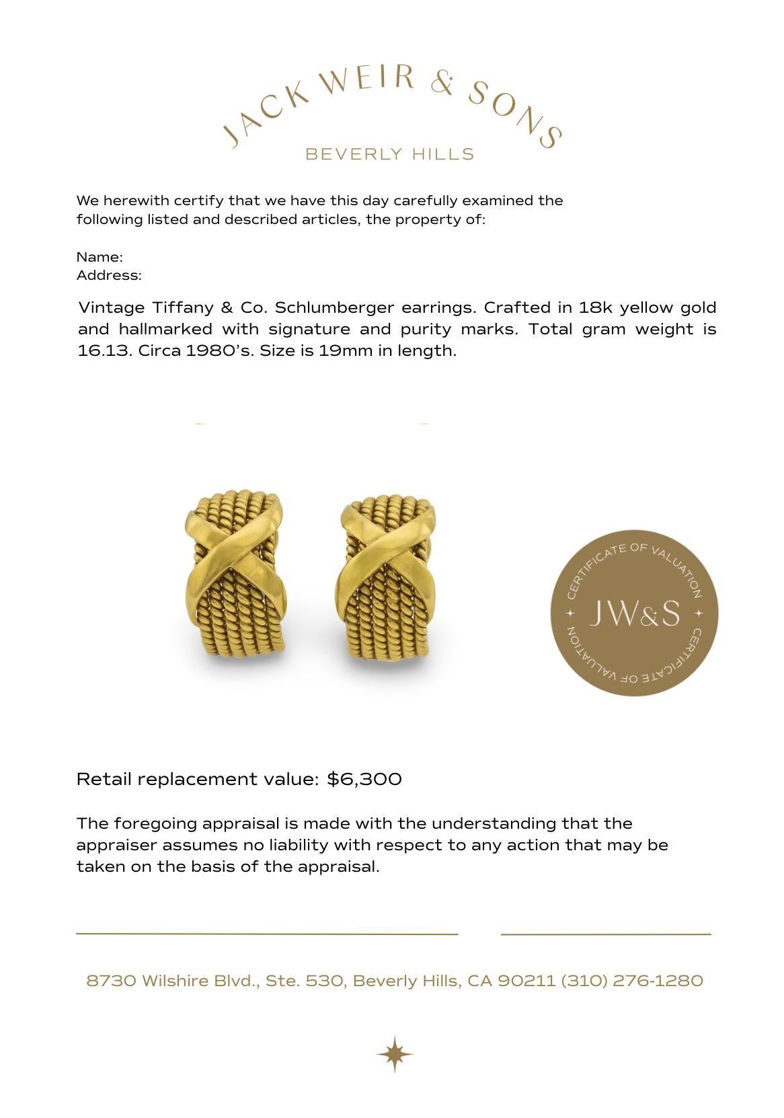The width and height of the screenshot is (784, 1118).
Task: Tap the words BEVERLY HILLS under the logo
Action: coord(390,154)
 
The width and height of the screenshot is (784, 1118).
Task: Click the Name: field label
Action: coord(100,257)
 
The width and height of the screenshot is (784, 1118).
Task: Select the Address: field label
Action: coord(109,275)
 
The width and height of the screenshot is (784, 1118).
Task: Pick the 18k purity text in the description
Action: coord(594,308)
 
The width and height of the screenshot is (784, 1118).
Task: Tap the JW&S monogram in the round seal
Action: coord(634,613)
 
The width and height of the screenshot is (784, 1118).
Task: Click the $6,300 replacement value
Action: coord(364,779)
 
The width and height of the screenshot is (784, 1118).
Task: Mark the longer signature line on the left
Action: coord(267,934)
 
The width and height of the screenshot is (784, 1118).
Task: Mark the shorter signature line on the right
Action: coord(605,934)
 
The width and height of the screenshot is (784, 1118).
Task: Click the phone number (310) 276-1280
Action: coord(632,981)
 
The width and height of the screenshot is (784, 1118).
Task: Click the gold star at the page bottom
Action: coord(395,1053)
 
